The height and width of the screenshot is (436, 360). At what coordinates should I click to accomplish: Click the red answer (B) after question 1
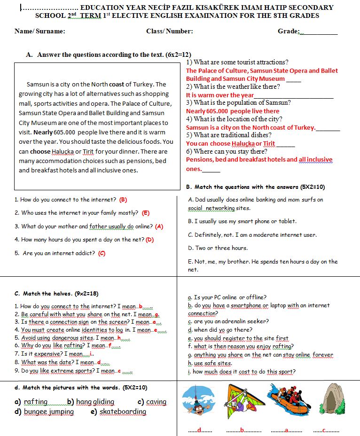[123, 200]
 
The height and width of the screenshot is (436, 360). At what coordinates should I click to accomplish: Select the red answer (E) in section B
[145, 213]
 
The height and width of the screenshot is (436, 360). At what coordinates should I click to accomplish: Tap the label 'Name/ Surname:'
[40, 31]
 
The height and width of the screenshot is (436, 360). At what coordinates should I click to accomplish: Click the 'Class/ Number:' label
[169, 31]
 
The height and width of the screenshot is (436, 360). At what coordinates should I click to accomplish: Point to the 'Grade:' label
[289, 31]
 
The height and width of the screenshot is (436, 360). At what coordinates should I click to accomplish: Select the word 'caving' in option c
[156, 402]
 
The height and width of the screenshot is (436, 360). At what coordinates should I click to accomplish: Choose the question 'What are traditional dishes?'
[227, 135]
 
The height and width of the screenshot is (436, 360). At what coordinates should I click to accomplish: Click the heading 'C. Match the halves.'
[56, 294]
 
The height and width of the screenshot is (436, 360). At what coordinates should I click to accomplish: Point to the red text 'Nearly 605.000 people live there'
[233, 111]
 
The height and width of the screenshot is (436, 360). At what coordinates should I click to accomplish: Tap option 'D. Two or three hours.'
[218, 248]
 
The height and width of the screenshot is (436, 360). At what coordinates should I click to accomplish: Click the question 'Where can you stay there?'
[227, 151]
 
